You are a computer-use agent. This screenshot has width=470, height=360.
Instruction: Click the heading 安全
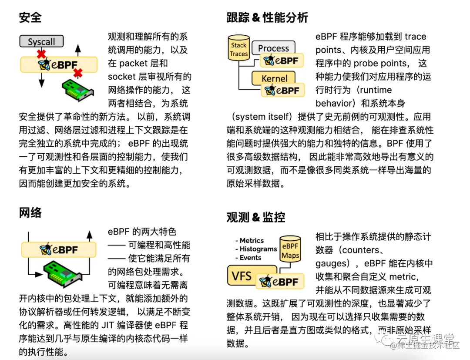point(30,17)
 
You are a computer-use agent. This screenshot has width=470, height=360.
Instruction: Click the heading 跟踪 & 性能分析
point(267,17)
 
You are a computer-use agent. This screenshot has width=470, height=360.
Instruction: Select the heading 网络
point(30,212)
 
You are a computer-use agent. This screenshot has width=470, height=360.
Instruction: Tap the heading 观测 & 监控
point(256,217)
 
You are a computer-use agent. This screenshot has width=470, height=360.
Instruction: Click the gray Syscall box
point(42,42)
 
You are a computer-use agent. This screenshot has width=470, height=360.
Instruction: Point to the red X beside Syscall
point(41,54)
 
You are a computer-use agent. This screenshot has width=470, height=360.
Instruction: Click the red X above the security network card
point(78,72)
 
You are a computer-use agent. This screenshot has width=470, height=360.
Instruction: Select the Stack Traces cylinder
point(239,49)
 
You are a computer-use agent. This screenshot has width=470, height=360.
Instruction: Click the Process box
point(273,48)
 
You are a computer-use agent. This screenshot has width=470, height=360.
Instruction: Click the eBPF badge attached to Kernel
point(282,91)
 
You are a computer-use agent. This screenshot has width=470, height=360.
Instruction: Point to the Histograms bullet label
point(258,249)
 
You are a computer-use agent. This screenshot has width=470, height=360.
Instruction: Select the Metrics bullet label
point(252,240)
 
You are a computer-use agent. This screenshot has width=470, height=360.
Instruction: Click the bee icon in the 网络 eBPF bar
point(46,249)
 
